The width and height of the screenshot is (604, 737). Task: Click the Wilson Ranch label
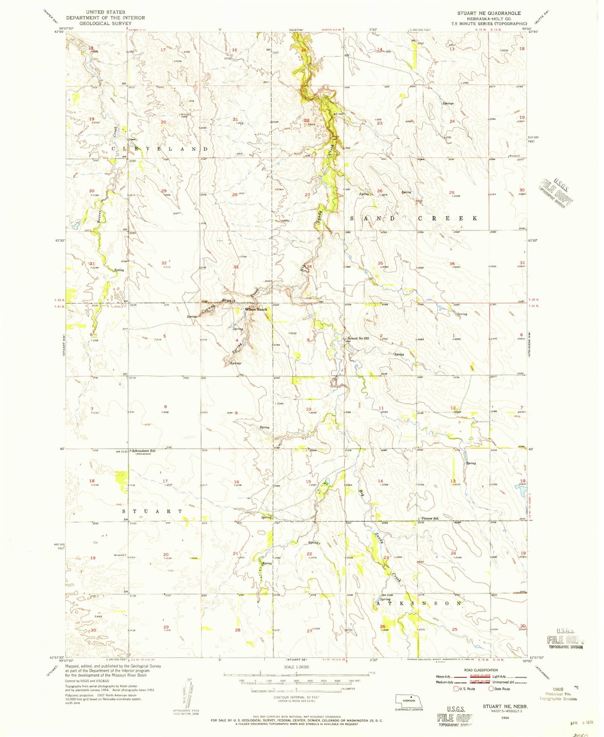pos(255,310)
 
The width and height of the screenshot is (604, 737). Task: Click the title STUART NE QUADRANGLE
pos(489,13)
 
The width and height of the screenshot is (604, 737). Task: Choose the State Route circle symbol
pos(491,688)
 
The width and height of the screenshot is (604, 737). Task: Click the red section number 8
pos(166,407)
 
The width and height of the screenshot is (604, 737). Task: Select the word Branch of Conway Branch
pos(229,300)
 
